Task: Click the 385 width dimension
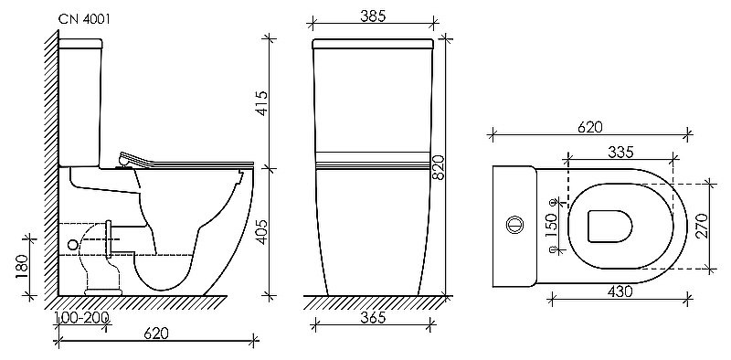click(x=371, y=16)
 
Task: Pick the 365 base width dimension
click(x=371, y=317)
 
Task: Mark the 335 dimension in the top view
click(x=621, y=152)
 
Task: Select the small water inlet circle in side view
click(x=73, y=245)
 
